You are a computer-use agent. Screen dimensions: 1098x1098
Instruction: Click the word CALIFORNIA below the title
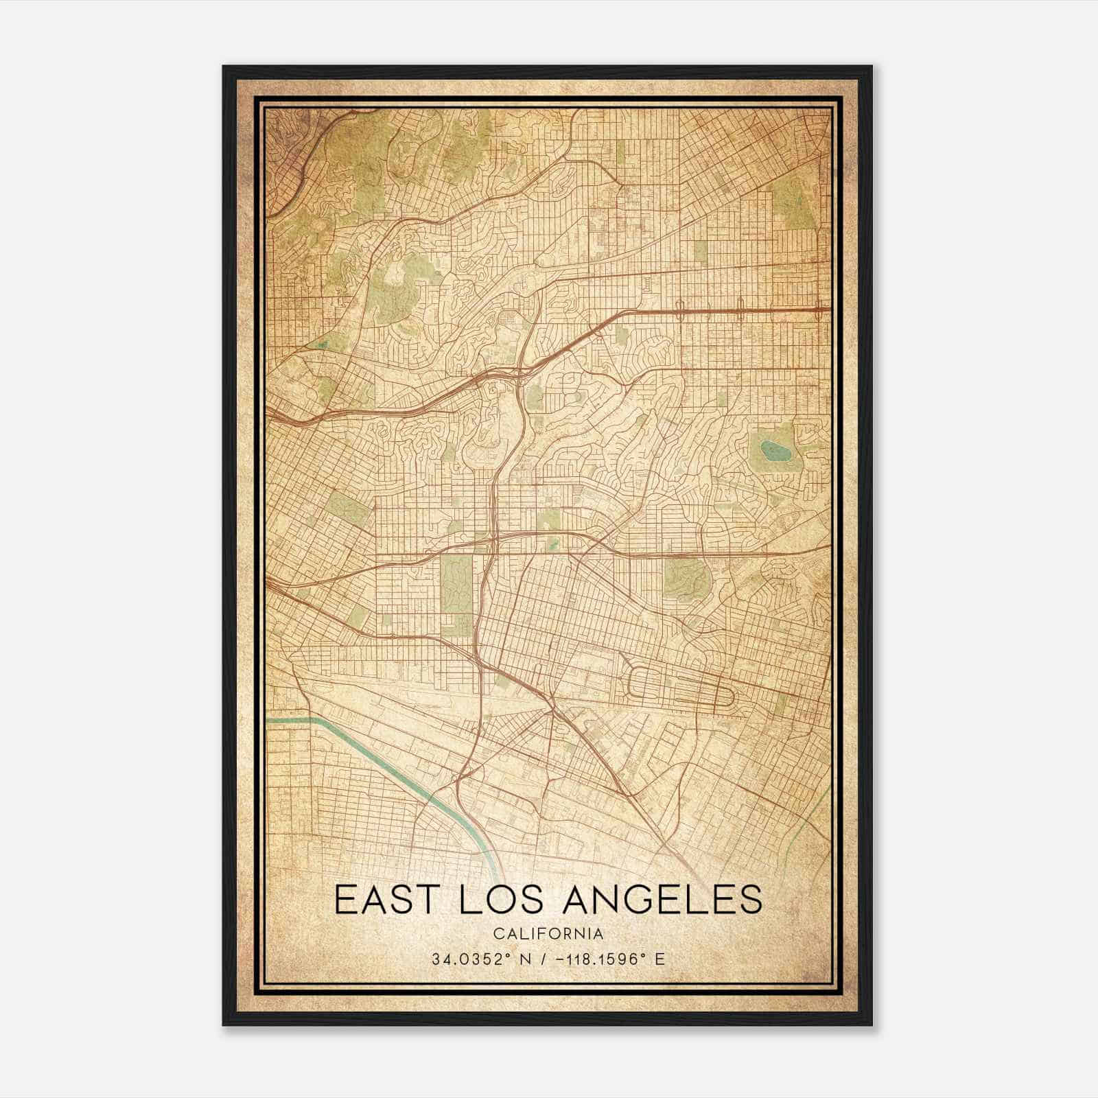click(548, 933)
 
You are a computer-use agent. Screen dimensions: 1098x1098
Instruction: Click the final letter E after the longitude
click(660, 959)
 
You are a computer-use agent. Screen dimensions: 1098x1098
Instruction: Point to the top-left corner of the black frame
click(224, 67)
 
